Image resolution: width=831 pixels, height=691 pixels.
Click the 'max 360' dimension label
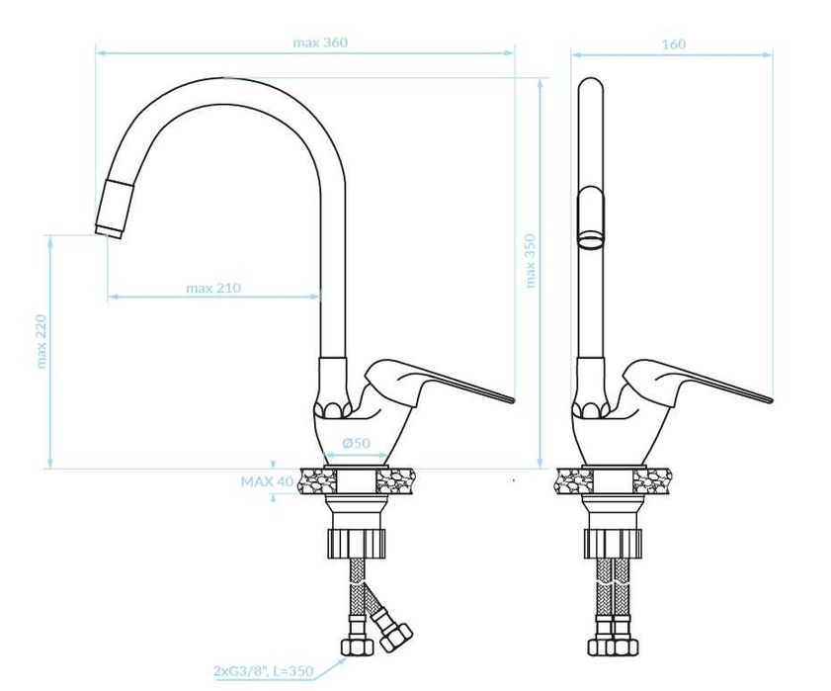point(320,43)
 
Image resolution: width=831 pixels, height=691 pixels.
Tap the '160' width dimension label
point(674,44)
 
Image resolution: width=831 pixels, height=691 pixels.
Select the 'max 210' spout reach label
point(213,288)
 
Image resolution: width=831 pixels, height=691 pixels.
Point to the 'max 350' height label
point(530,261)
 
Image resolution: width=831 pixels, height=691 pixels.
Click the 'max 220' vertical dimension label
point(42,341)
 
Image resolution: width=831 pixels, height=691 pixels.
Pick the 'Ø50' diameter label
point(356,443)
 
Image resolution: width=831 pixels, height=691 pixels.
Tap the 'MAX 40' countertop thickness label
point(267,481)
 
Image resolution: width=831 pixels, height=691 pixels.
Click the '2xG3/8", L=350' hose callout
point(263,671)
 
